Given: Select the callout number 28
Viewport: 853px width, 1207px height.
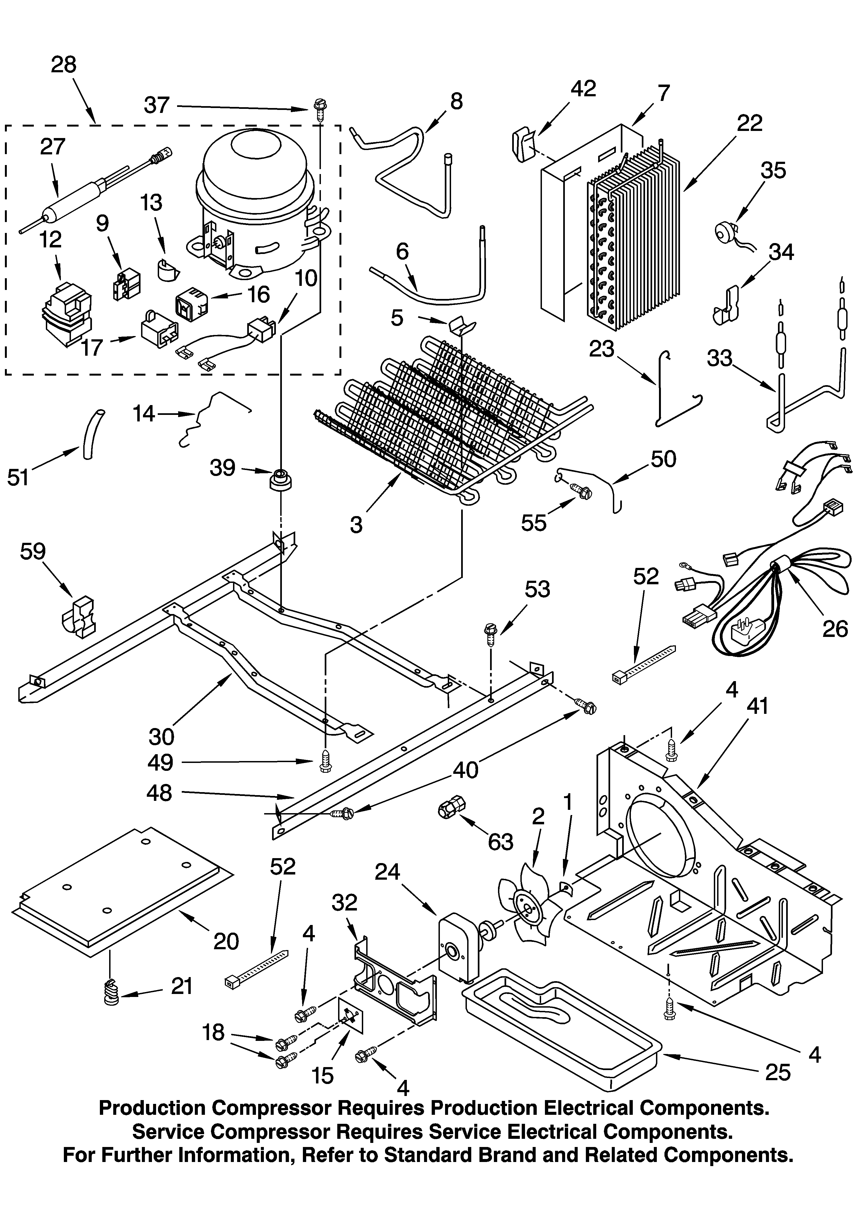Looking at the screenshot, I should click(64, 65).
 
